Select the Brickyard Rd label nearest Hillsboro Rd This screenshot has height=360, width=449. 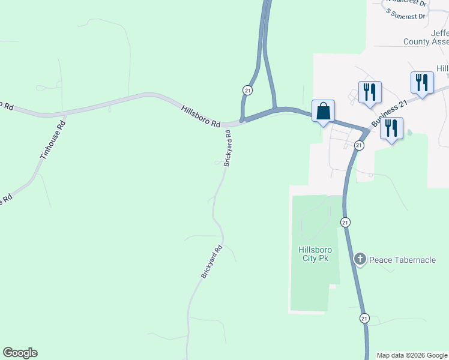(228, 148)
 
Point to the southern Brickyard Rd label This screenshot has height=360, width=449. (212, 260)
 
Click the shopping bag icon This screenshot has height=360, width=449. (323, 111)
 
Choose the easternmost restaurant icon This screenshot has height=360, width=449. (422, 82)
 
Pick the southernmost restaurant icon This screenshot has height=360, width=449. (391, 128)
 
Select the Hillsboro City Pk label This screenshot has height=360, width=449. (314, 254)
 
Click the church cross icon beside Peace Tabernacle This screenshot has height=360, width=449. (360, 259)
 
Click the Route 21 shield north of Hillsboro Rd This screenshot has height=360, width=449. (247, 89)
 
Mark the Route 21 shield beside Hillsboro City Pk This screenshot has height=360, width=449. (345, 222)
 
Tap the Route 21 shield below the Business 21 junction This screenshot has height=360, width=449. (358, 145)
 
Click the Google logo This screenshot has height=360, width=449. (20, 353)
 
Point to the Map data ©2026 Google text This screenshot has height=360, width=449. (412, 355)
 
